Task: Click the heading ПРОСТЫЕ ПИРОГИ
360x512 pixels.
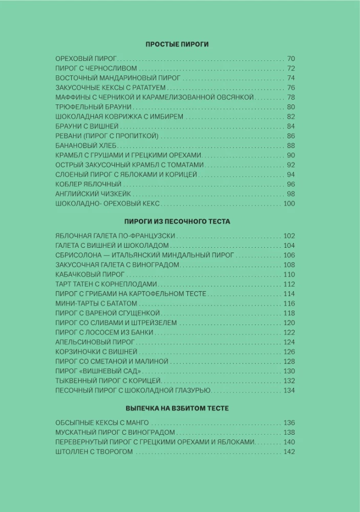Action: [x=177, y=45]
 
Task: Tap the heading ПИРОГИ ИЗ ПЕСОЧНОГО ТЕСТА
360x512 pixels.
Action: [x=177, y=222]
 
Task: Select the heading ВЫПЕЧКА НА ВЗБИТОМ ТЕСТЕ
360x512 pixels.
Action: [x=177, y=409]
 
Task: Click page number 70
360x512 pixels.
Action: [x=291, y=58]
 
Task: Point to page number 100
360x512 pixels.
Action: [x=289, y=204]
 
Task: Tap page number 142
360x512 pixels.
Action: [x=289, y=452]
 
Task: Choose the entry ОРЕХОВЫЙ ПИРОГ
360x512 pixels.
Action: [x=87, y=58]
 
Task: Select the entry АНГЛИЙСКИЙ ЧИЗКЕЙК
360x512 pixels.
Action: [x=93, y=194]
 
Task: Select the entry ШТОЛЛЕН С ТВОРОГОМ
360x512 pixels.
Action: [x=94, y=452]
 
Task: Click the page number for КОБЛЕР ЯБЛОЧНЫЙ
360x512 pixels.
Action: [x=291, y=184]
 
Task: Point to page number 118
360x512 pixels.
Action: [x=289, y=313]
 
